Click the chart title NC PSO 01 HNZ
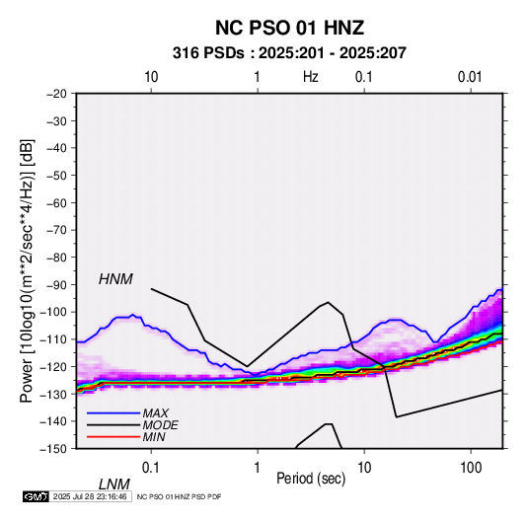[289, 28]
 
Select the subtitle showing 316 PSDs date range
[289, 53]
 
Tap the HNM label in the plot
[115, 279]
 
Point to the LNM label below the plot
[113, 485]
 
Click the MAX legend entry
[155, 412]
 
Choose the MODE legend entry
[160, 425]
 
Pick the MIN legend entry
[154, 437]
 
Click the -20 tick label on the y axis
[56, 94]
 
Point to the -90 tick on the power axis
[56, 284]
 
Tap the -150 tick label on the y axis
[53, 449]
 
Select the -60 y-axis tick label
[56, 202]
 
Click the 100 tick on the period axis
[471, 468]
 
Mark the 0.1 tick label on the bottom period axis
[151, 468]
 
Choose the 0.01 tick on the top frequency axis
[470, 77]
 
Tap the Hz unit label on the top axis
[311, 77]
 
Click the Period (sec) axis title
[311, 479]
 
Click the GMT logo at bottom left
[36, 496]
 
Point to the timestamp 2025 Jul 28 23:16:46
[90, 496]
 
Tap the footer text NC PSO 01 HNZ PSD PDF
[179, 496]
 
